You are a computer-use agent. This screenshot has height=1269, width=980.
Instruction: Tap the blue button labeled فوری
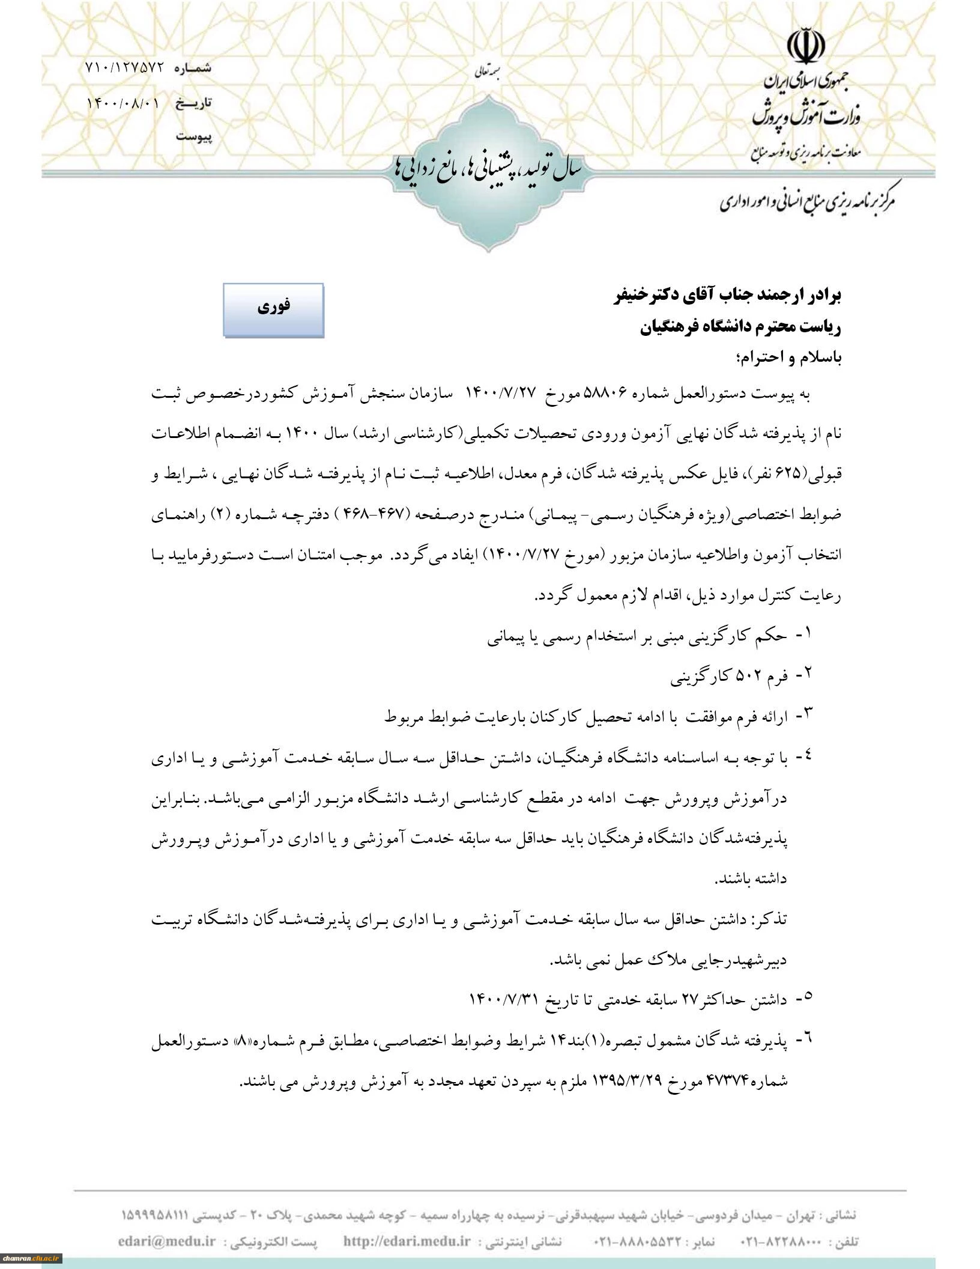[274, 309]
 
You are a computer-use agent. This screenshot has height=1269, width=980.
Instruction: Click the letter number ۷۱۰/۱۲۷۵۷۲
[124, 68]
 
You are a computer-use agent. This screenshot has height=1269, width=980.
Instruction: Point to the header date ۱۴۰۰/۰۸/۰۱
[124, 103]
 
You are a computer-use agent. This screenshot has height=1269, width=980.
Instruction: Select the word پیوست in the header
[193, 137]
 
